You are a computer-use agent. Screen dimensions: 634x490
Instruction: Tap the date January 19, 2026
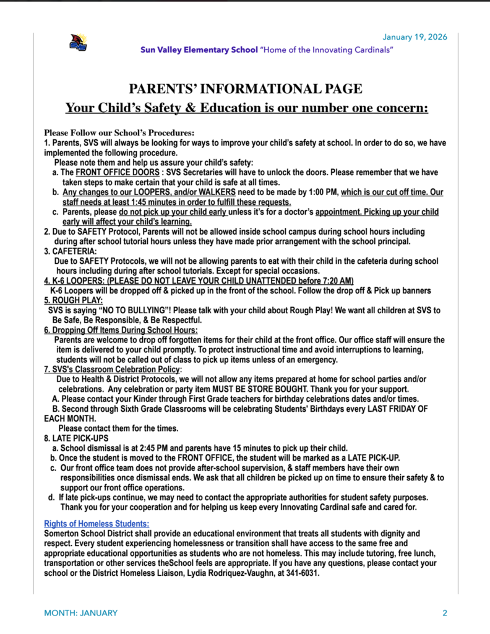[415, 37]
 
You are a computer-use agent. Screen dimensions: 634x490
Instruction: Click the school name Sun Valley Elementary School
[199, 50]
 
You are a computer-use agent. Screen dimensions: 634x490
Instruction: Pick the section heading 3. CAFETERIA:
[70, 251]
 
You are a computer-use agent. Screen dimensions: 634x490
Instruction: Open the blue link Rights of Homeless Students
[96, 523]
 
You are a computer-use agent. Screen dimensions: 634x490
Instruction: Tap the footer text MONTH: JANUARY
[80, 613]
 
